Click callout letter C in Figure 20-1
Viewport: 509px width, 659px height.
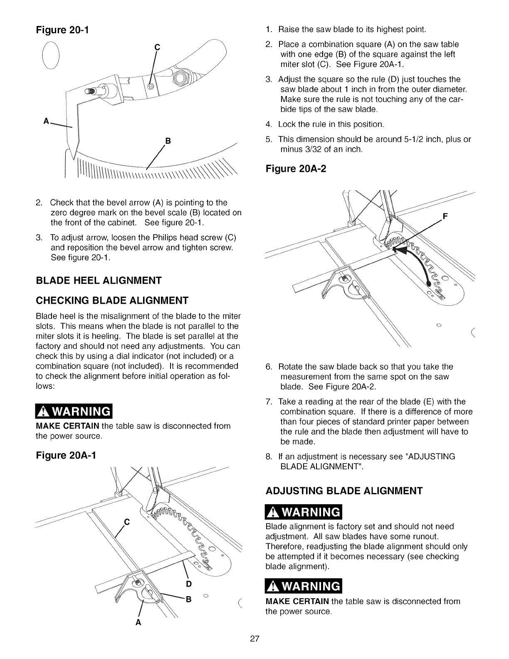[157, 47]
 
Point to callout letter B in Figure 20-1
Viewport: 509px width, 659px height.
[168, 141]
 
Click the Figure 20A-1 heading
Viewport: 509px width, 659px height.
[66, 456]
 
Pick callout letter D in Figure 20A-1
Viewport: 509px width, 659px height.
[188, 584]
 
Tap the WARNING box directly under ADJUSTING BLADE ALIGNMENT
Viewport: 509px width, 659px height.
[303, 511]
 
